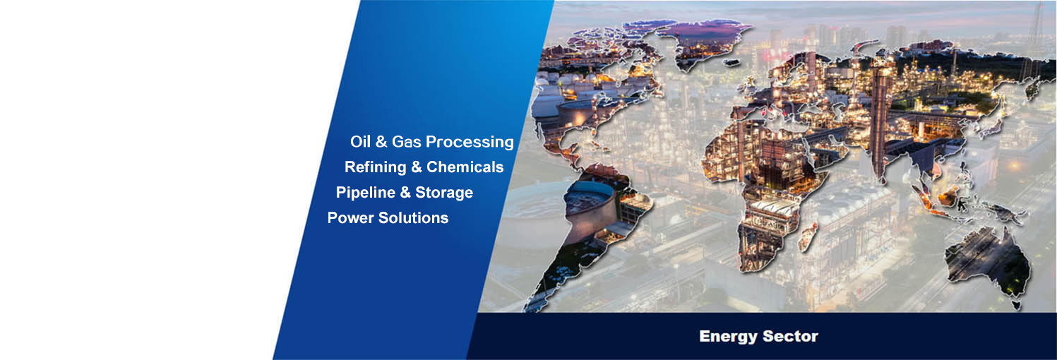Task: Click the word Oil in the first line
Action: click(x=360, y=142)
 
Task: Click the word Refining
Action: click(x=375, y=167)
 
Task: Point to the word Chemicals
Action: click(x=465, y=167)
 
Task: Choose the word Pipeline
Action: click(x=365, y=193)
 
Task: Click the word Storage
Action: click(x=444, y=193)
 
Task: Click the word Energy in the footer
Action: click(x=729, y=337)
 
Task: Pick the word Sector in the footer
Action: click(x=790, y=337)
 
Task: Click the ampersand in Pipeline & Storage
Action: click(x=405, y=193)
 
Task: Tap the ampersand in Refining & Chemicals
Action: click(x=416, y=167)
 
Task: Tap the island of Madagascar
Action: click(x=808, y=236)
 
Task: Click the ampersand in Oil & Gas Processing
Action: click(x=381, y=142)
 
